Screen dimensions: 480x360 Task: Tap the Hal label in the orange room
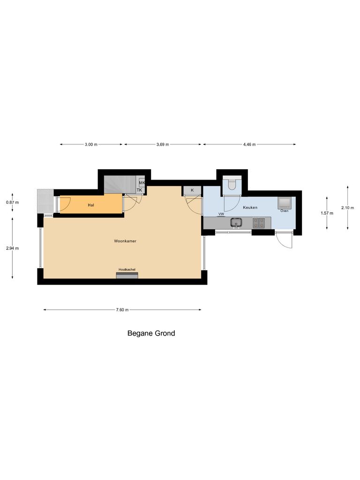pyautogui.click(x=91, y=205)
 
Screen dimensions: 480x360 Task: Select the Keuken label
pyautogui.click(x=250, y=207)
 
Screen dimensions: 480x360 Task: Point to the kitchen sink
pyautogui.click(x=236, y=222)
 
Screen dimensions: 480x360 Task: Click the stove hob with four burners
pyautogui.click(x=259, y=222)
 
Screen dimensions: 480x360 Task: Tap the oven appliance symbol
pyautogui.click(x=285, y=202)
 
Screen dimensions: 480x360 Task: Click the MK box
pyautogui.click(x=142, y=183)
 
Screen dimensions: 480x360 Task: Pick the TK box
pyautogui.click(x=139, y=190)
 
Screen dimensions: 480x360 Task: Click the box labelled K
pyautogui.click(x=192, y=190)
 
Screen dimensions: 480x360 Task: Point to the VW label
pyautogui.click(x=221, y=214)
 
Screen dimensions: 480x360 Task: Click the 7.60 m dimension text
pyautogui.click(x=122, y=310)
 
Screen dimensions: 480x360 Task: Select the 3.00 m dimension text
pyautogui.click(x=91, y=144)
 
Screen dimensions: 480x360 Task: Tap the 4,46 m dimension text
pyautogui.click(x=249, y=144)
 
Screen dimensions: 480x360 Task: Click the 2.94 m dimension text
pyautogui.click(x=12, y=248)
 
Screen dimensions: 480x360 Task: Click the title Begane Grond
pyautogui.click(x=151, y=334)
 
